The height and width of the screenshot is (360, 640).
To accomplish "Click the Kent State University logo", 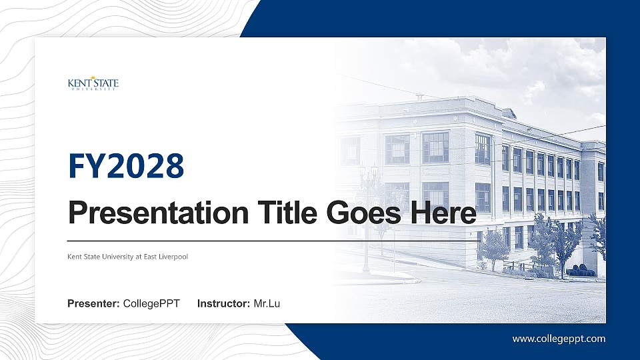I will click(93, 84).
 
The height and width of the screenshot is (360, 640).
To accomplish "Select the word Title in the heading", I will click(283, 213).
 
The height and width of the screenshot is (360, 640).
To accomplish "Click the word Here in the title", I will click(443, 213).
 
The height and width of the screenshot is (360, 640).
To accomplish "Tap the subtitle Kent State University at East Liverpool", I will click(128, 257).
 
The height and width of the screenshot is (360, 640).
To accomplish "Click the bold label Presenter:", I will click(93, 304).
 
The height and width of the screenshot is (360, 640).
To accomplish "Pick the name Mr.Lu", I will click(267, 304).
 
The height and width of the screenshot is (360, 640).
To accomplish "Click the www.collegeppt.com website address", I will click(559, 339).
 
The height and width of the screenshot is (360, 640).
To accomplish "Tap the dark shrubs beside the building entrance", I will click(581, 271).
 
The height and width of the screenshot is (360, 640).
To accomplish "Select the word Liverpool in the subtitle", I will click(173, 257).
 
